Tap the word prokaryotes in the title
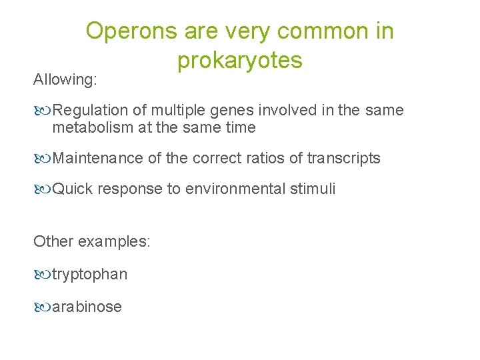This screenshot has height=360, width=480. (x=240, y=61)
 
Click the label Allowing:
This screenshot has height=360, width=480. (x=65, y=80)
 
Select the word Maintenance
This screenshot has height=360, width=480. (x=97, y=158)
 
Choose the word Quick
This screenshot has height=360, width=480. (x=73, y=189)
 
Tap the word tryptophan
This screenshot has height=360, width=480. (x=90, y=275)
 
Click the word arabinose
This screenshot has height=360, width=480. (x=87, y=307)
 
